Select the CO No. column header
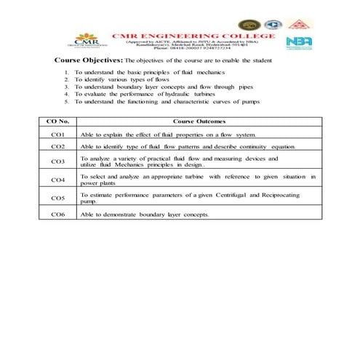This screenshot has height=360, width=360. point(59,122)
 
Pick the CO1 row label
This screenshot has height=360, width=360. point(59,135)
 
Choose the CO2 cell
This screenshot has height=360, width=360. point(59,147)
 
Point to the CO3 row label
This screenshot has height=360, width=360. point(59,161)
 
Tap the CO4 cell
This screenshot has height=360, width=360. point(59,180)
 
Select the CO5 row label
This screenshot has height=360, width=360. point(59,198)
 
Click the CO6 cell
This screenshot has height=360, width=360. point(59,215)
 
